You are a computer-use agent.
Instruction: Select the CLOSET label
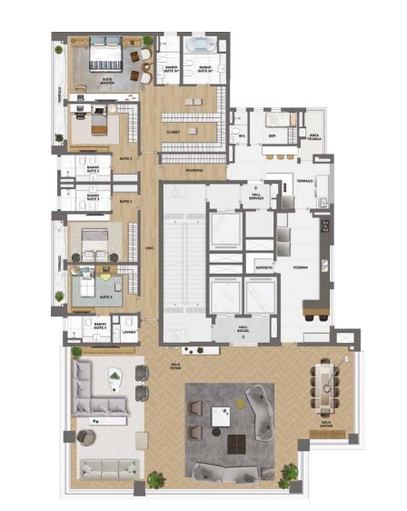click(173, 132)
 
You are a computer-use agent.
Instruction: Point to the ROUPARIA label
click(192, 170)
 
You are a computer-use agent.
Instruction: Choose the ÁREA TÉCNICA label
click(314, 136)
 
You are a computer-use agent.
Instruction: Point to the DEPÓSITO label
click(263, 269)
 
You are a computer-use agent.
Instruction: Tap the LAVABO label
click(128, 332)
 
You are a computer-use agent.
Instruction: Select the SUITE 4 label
click(106, 296)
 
